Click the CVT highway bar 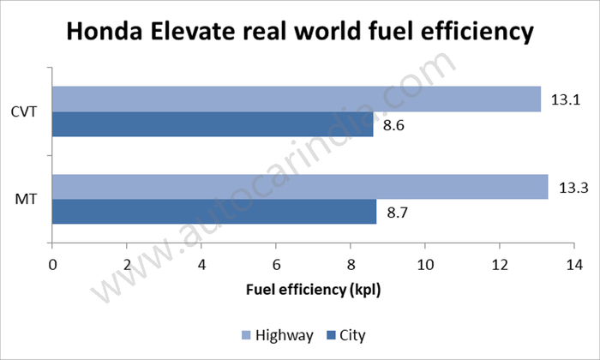(297, 99)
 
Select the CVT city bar (213, 124)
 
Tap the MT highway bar (300, 187)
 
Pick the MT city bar (214, 212)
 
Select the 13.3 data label (569, 188)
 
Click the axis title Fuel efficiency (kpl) (313, 290)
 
